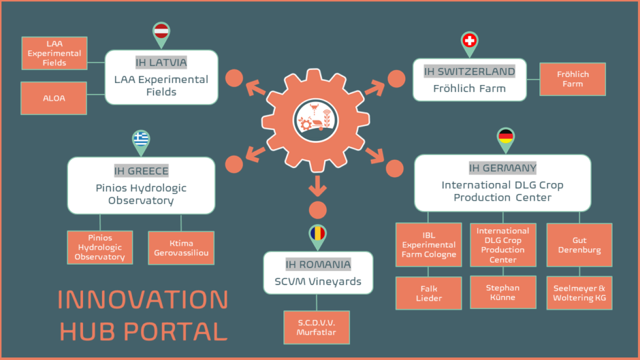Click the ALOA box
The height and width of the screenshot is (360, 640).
[x=54, y=98]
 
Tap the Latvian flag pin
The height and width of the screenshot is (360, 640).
[x=161, y=32]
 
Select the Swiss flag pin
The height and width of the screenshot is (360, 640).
[x=469, y=42]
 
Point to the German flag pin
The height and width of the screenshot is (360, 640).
[x=505, y=137]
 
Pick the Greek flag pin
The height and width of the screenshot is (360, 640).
[x=141, y=139]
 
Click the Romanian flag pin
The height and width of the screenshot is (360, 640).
[x=317, y=234]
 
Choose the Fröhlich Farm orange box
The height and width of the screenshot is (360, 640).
[x=573, y=79]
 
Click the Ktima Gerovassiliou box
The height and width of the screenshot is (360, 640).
[x=181, y=248]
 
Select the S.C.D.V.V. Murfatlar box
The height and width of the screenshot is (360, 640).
[x=316, y=327]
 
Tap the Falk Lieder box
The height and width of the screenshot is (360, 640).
[x=429, y=293]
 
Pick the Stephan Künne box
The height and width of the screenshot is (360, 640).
[x=503, y=292]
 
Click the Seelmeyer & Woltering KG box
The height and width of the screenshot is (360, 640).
[x=579, y=293]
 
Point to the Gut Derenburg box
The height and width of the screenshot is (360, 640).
[x=579, y=245]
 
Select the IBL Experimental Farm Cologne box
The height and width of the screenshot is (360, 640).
[x=429, y=244]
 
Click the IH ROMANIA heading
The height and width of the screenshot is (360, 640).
[x=318, y=265]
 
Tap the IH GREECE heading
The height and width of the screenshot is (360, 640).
[x=141, y=171]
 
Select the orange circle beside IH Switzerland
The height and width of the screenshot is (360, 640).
[x=396, y=79]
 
